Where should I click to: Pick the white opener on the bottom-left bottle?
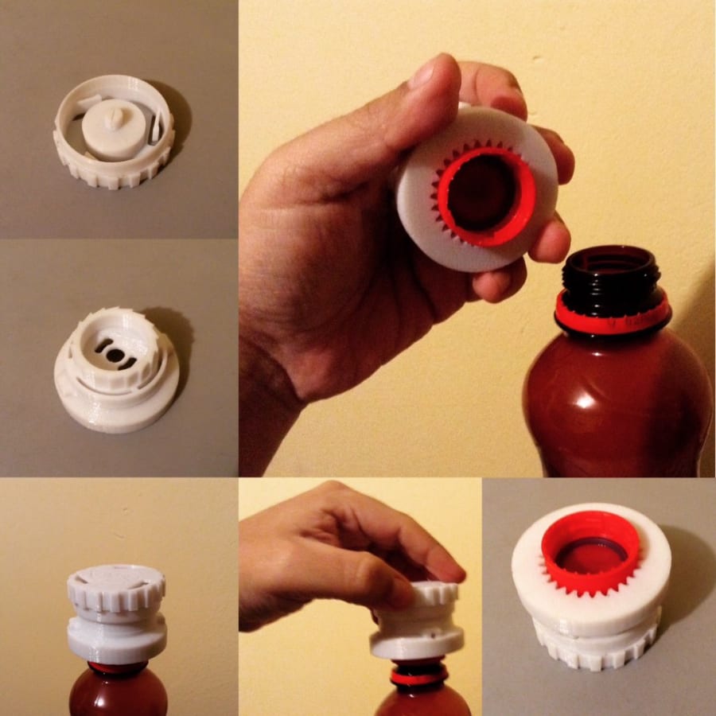click(x=117, y=613)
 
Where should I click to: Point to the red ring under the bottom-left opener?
click(x=116, y=667)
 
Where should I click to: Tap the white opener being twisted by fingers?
click(x=418, y=625)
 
